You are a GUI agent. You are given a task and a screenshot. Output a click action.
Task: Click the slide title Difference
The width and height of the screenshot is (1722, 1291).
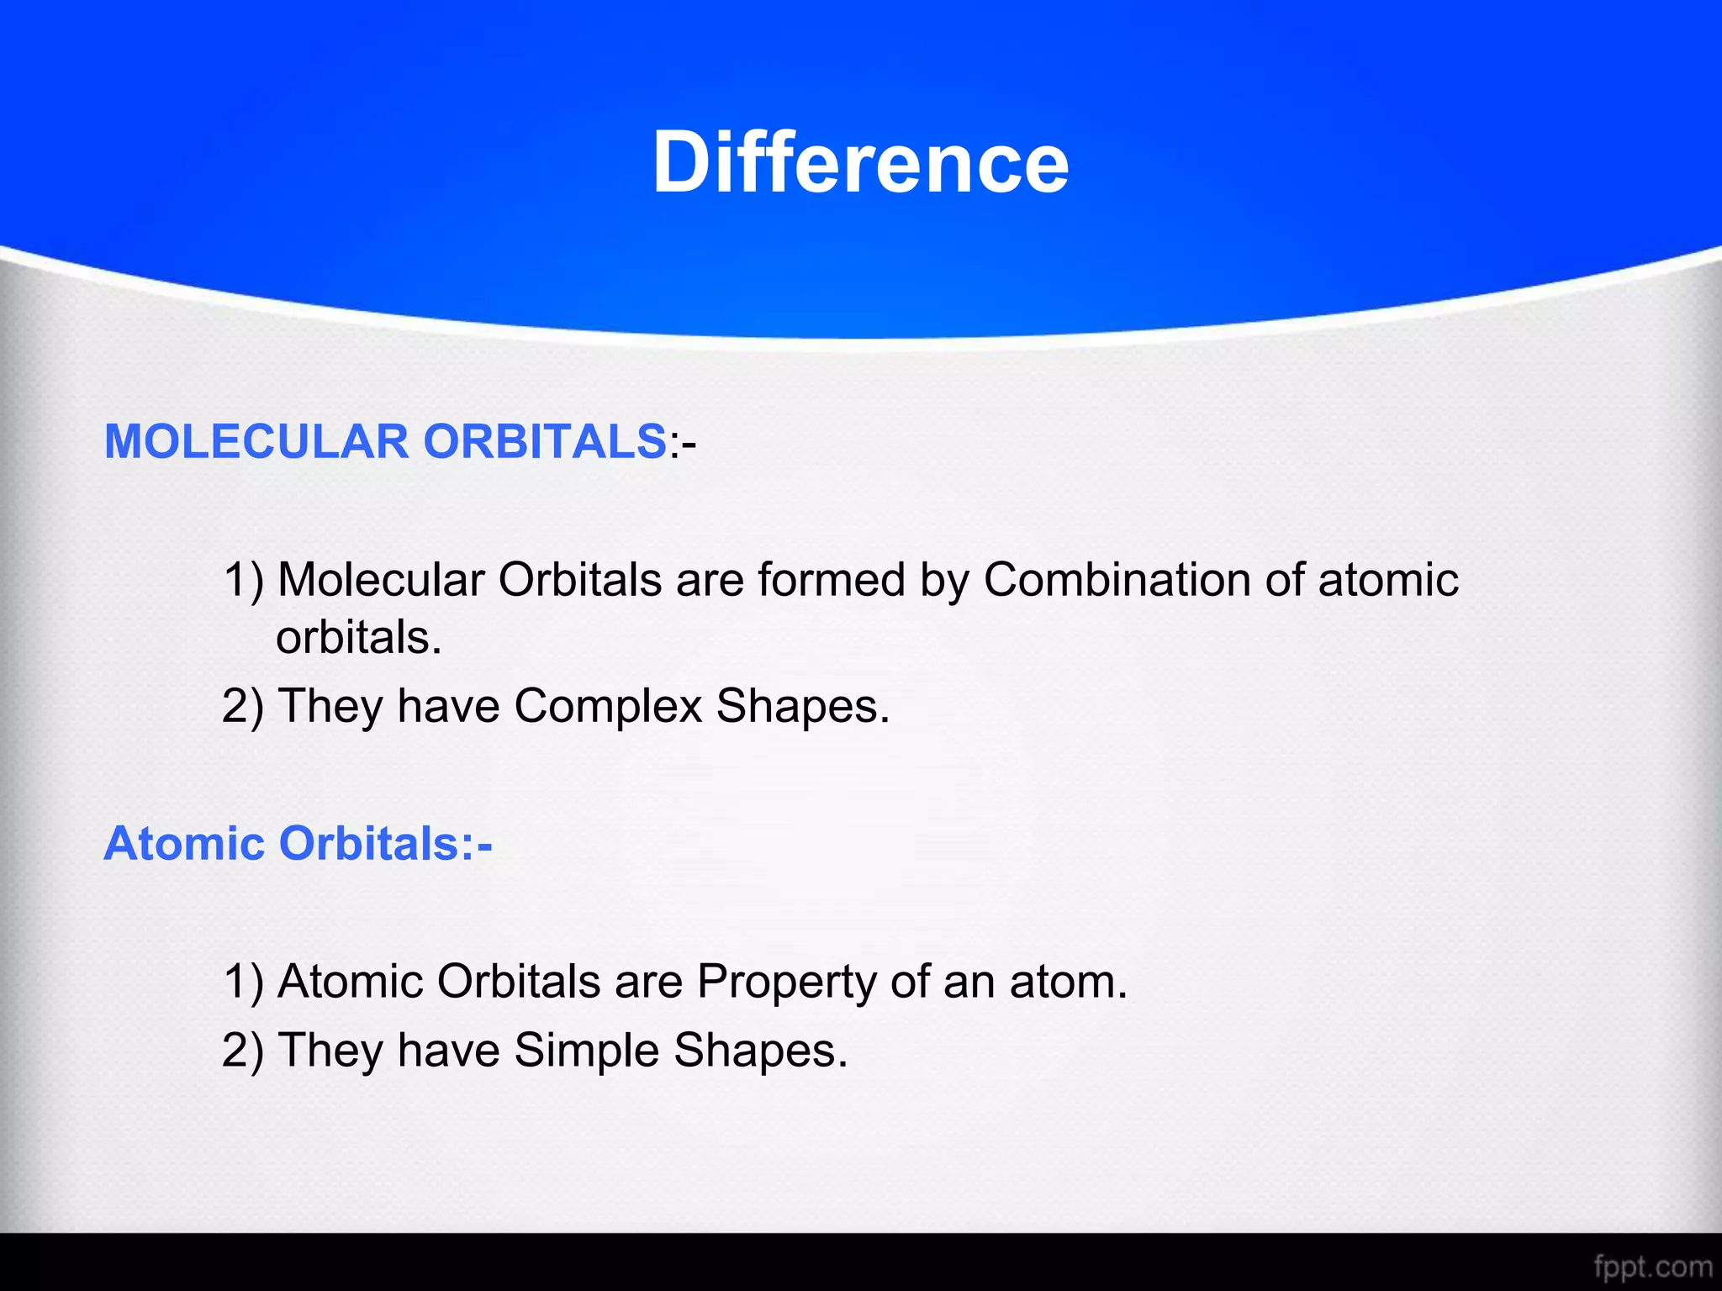click(860, 163)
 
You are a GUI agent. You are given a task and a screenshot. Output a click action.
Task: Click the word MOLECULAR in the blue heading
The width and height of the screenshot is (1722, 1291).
click(256, 441)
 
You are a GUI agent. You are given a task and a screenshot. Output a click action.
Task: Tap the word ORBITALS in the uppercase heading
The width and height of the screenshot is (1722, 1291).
click(545, 441)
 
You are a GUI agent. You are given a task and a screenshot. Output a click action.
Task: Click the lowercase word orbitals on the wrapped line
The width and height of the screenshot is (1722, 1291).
click(358, 638)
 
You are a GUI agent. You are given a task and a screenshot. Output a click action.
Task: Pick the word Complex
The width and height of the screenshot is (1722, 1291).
click(607, 706)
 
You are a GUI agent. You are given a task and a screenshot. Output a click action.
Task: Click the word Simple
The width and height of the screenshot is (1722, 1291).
click(586, 1051)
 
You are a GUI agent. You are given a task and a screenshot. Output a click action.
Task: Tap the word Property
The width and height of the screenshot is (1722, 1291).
click(787, 982)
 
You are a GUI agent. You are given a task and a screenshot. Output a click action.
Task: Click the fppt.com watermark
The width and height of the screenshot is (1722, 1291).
click(1652, 1266)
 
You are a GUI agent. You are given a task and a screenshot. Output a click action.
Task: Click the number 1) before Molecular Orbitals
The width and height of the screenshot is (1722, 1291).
click(244, 580)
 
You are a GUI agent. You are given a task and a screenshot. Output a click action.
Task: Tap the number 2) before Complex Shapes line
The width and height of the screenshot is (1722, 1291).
click(243, 706)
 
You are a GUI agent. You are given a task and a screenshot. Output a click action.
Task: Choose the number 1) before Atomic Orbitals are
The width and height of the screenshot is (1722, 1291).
click(244, 982)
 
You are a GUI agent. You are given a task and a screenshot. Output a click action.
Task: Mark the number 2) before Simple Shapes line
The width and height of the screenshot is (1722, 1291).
click(243, 1051)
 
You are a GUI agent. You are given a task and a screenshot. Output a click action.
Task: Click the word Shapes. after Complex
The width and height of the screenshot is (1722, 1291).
click(802, 706)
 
